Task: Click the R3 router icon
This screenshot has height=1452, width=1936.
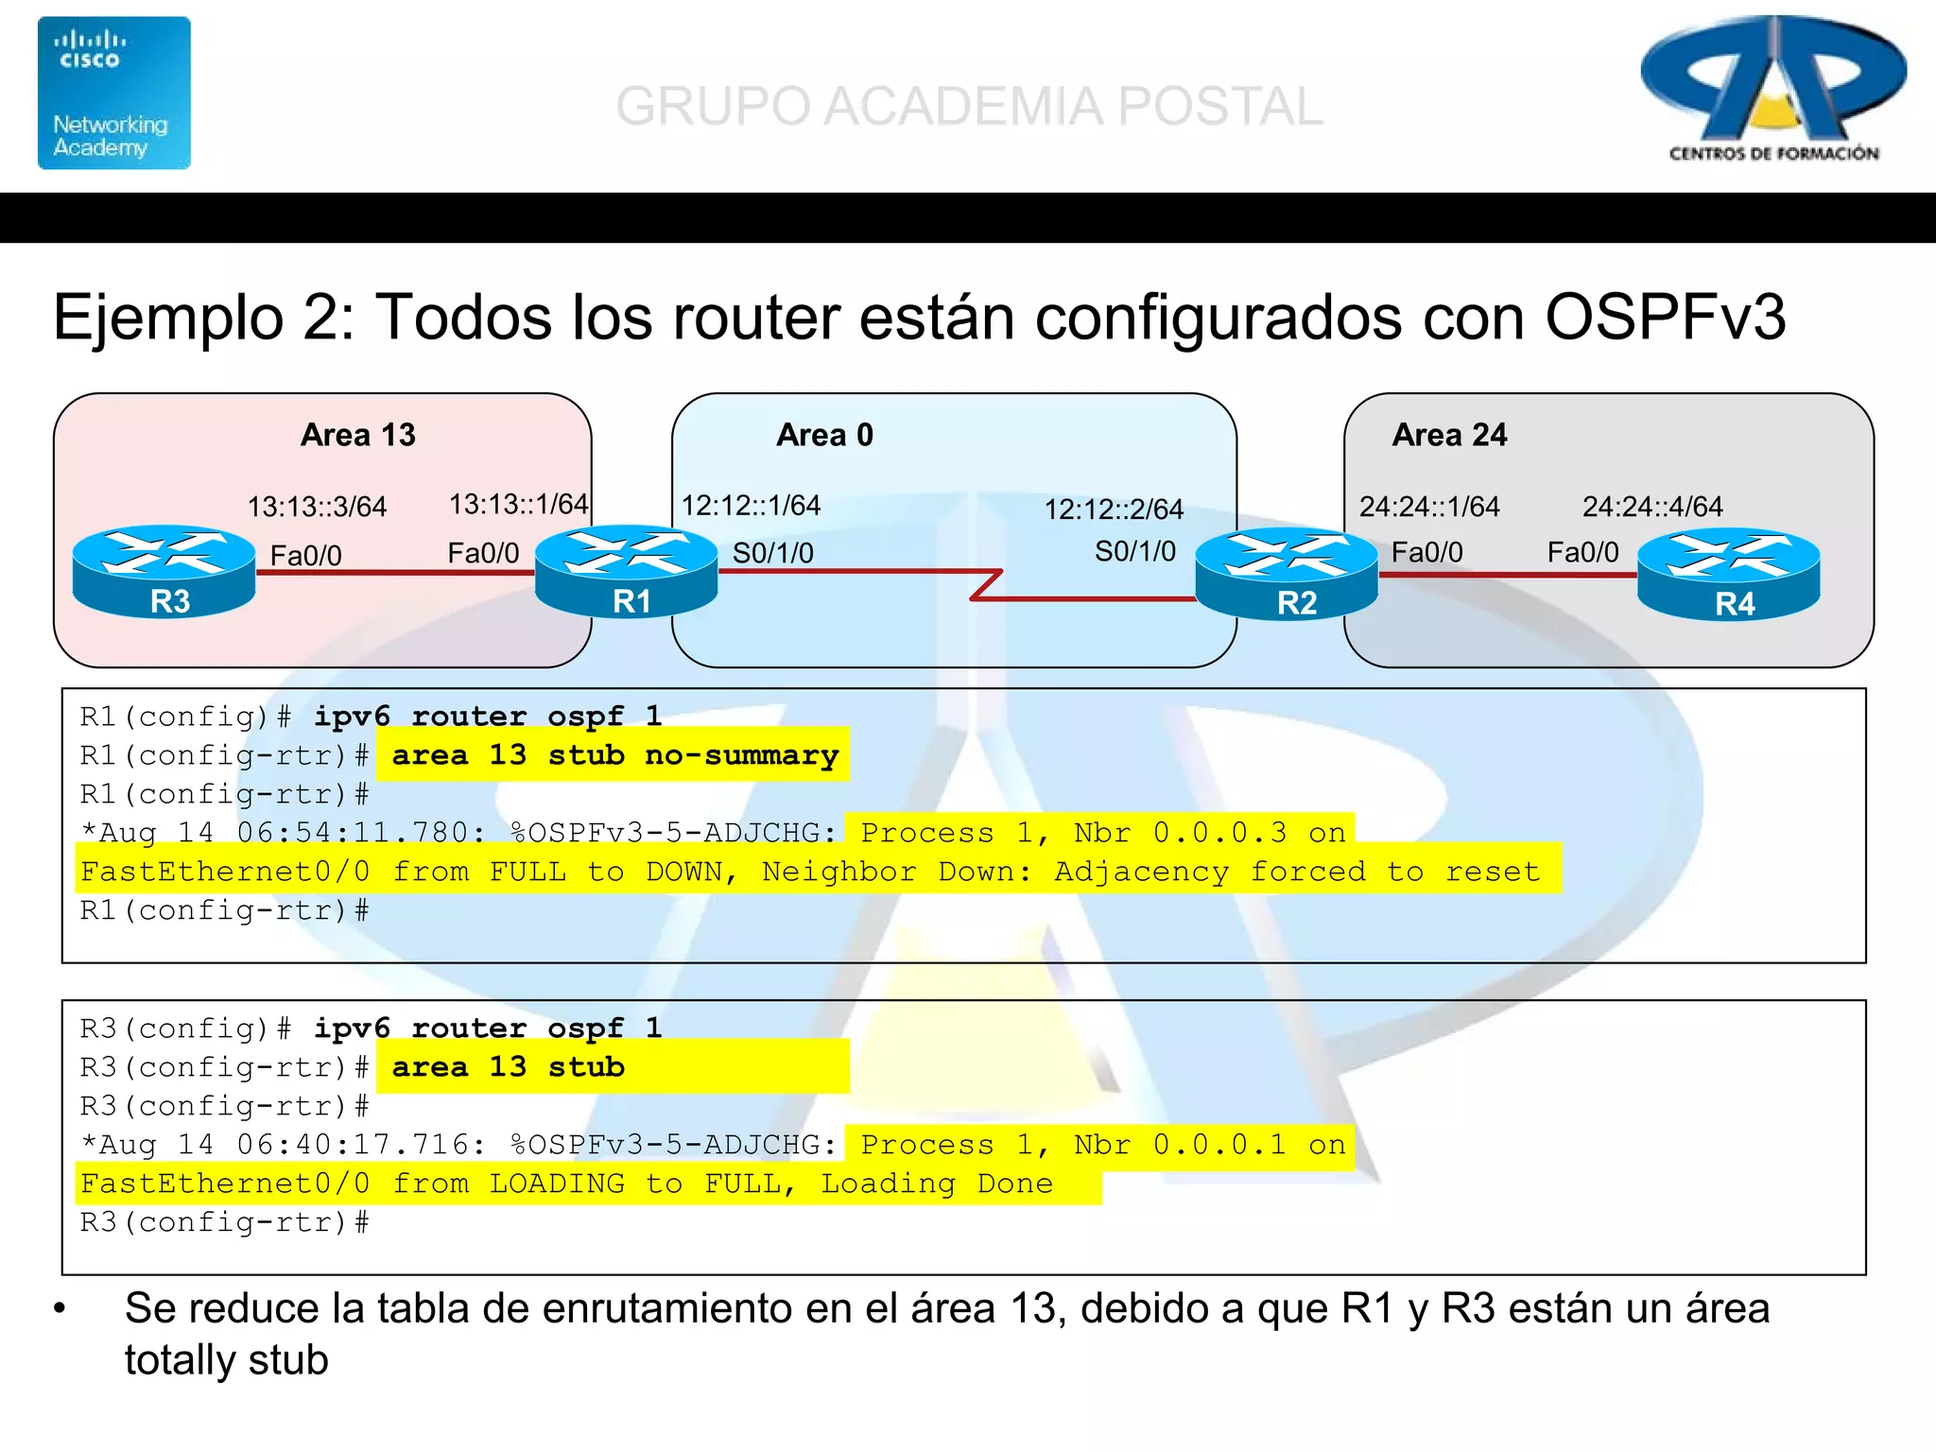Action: click(164, 571)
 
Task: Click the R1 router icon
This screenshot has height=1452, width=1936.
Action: click(626, 571)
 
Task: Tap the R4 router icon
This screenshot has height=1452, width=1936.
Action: click(1728, 574)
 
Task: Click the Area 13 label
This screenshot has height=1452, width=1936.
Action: click(357, 435)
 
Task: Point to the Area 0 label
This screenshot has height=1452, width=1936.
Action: click(824, 435)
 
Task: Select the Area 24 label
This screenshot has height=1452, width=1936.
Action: click(1449, 435)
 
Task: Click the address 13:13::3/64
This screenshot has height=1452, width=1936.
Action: click(317, 508)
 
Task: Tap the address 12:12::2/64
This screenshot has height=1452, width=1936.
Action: click(1113, 510)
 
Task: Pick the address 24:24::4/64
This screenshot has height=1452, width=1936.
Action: click(1652, 508)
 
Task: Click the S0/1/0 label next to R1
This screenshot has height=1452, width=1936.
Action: click(772, 553)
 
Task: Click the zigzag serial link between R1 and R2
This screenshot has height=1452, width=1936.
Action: click(986, 584)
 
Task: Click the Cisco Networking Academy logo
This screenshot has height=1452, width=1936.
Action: click(114, 93)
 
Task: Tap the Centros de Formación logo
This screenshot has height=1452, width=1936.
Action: click(1773, 90)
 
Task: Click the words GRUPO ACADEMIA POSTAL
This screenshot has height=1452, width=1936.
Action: click(969, 106)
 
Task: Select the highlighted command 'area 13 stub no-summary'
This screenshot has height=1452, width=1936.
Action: click(614, 755)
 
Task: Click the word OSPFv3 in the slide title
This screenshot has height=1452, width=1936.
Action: click(1665, 317)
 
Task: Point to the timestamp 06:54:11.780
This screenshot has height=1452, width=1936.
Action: click(360, 833)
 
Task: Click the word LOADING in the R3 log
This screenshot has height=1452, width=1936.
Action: click(557, 1184)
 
